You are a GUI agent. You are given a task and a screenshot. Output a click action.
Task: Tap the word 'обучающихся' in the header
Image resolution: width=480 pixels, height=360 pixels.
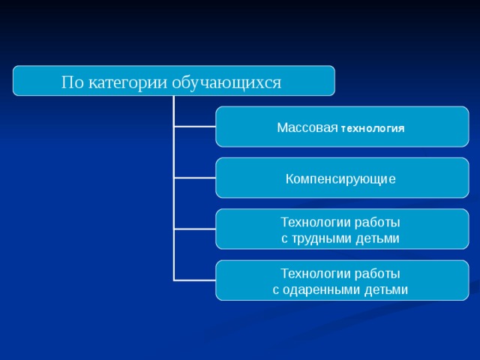click(x=226, y=82)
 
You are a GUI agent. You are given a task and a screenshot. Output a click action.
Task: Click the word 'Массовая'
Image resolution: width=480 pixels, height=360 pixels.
click(x=307, y=127)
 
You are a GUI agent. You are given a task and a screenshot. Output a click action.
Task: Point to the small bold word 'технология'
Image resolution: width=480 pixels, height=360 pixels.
click(x=373, y=129)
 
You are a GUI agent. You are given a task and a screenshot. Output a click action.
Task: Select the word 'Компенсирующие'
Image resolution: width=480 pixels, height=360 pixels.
click(x=340, y=179)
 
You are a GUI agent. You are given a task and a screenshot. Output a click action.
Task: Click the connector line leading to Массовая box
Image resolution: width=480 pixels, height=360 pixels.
click(x=195, y=127)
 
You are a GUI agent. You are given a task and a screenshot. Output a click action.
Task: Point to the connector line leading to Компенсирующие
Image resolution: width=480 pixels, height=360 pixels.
click(x=195, y=178)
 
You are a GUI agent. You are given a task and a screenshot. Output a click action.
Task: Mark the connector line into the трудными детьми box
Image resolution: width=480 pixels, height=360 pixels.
click(x=195, y=229)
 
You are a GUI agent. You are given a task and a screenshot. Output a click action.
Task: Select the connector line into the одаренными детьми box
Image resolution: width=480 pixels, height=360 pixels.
click(x=195, y=280)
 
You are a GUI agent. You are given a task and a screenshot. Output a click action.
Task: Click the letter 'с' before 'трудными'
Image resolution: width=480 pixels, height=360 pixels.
click(x=284, y=239)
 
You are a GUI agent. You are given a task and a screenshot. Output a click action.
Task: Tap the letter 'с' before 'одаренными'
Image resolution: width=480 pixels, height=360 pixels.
click(x=276, y=290)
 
